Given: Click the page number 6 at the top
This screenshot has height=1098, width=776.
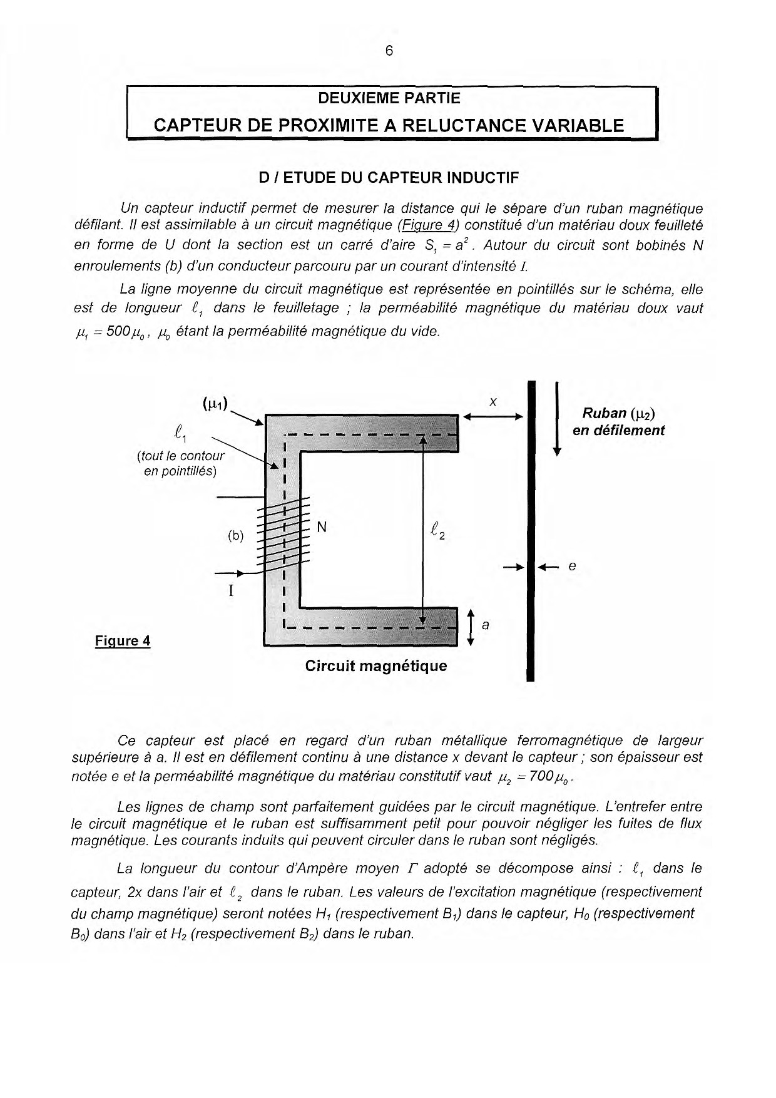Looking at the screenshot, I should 389,51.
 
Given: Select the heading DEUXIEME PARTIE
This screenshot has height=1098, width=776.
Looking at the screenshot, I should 389,98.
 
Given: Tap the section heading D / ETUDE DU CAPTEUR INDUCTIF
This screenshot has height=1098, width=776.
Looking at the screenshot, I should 389,178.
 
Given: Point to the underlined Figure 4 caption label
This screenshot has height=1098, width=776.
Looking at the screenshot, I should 123,641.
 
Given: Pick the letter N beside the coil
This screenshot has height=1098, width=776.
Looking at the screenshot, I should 322,527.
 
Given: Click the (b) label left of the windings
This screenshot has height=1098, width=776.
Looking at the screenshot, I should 235,536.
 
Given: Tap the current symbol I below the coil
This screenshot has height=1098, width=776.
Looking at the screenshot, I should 232,590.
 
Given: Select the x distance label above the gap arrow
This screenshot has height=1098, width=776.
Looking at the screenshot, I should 493,403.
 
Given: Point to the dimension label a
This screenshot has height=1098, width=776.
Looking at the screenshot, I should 486,625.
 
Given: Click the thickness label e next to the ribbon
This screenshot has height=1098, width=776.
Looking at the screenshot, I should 571,567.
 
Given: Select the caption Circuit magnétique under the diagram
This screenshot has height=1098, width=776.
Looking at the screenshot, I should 376,665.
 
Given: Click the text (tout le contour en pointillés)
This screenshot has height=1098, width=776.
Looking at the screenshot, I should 180,463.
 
